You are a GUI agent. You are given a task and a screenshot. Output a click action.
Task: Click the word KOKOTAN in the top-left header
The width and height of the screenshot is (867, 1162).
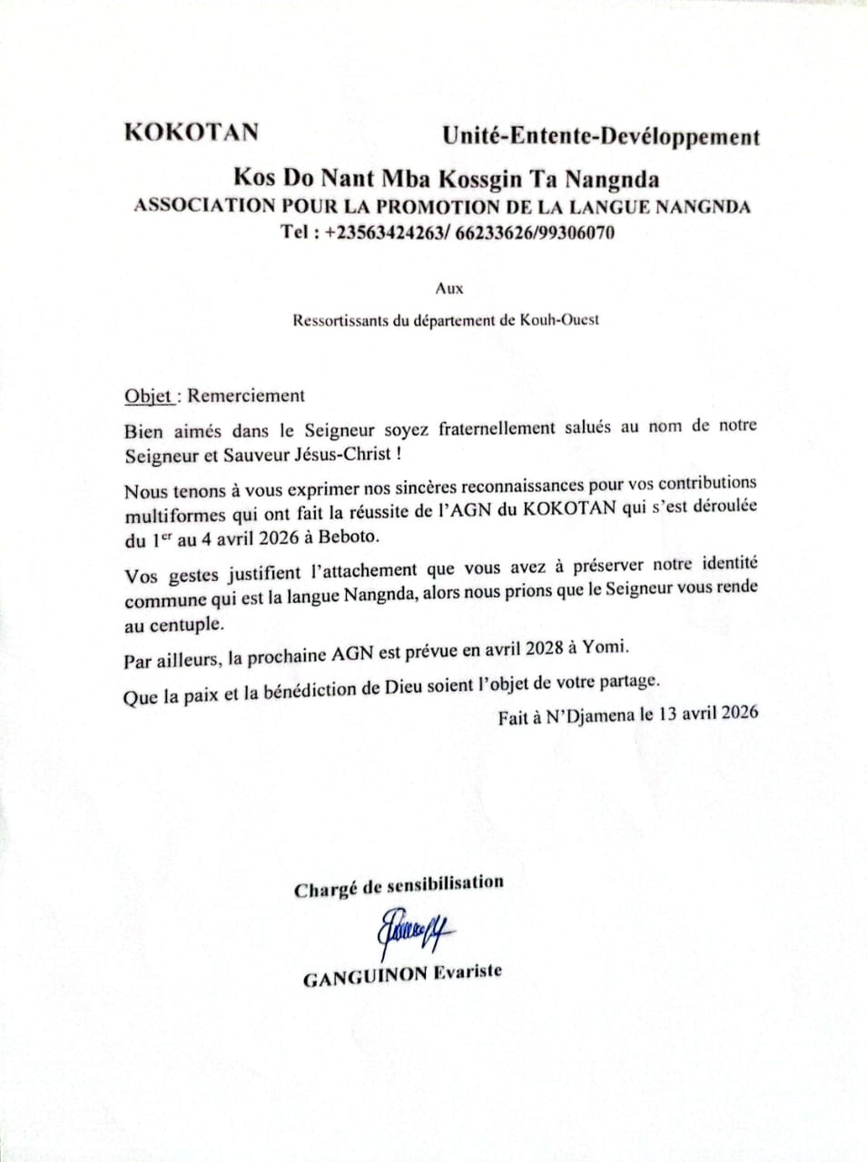click(191, 133)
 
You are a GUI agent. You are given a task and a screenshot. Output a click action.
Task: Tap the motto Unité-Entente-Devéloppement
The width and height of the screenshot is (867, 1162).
click(600, 137)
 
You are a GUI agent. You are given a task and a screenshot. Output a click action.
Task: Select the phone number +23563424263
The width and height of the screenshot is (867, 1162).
click(381, 232)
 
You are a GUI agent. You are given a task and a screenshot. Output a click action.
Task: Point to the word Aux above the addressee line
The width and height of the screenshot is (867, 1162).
click(448, 289)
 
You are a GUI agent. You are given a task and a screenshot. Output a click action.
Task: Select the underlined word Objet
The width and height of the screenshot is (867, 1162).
click(148, 397)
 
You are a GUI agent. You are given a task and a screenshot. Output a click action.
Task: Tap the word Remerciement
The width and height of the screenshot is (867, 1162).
click(246, 396)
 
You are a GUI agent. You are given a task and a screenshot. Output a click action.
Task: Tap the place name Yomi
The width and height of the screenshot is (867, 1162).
click(606, 648)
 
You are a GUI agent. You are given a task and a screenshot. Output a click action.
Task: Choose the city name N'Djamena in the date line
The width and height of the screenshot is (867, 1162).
click(590, 715)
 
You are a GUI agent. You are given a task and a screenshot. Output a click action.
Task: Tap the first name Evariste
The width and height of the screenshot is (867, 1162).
click(467, 972)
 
